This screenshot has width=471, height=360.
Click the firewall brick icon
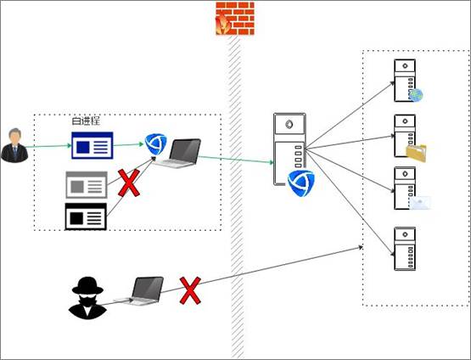pos(235,19)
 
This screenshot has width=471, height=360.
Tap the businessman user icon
pos(14,145)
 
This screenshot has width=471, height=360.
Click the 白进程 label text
pos(86,121)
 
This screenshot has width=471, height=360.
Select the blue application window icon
pos(93,145)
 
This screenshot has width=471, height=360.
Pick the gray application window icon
pos(87,185)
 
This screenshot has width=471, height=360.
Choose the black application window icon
pos(86,217)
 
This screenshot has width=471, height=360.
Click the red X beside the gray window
pos(129,183)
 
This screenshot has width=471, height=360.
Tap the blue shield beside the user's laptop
pos(155,144)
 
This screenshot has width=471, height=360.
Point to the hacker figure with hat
pos(87,298)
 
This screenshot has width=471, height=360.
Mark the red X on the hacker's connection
pos(190,290)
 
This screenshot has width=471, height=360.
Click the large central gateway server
pos(289,149)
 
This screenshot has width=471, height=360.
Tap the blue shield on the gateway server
pos(300,183)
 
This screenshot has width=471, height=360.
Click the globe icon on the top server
pos(416,95)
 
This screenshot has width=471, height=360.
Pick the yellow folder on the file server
pos(417,153)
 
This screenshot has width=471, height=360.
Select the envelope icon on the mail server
pos(420,203)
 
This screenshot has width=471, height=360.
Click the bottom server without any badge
pos(405,249)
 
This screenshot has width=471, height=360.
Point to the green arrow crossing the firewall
pos(236,160)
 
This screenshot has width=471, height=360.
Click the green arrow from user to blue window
pos(48,146)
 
